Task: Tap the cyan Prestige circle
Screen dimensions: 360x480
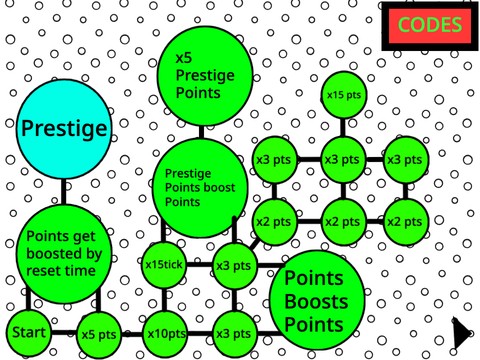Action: pos(63,129)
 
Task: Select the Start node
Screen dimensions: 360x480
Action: pos(28,332)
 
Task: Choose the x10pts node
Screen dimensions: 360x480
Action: pos(166,332)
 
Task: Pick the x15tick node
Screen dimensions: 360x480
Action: pos(165,265)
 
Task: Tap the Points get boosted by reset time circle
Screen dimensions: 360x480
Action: pos(62,255)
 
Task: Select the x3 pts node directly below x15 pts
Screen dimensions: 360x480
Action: pos(342,159)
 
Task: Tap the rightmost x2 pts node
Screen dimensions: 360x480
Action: pos(405,221)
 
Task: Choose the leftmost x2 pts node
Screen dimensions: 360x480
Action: pos(273,221)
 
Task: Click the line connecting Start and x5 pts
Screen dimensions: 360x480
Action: pos(64,332)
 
